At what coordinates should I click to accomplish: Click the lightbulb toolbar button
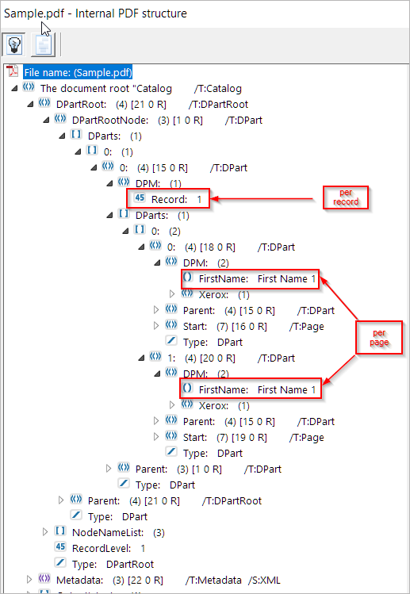coord(13,44)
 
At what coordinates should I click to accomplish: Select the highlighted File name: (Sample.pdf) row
coord(78,72)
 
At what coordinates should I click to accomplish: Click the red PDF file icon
coord(13,71)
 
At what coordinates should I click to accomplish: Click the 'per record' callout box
coord(346,197)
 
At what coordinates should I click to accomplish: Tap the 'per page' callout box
coord(379,338)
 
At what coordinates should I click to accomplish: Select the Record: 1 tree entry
coord(176,199)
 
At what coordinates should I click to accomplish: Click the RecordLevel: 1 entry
coord(109,548)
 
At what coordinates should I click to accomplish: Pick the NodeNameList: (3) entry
coord(118,532)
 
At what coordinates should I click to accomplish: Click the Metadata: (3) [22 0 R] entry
coord(109,580)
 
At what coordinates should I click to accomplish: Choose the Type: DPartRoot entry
coord(113,564)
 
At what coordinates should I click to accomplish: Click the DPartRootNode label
coord(110,120)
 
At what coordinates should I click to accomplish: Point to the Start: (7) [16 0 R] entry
coord(224,326)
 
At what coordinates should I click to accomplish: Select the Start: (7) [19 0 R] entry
coord(224,437)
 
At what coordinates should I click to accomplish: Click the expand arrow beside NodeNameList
coord(45,532)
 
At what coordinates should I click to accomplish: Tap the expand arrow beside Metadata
coord(29,580)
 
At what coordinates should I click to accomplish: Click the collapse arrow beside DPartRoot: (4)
coord(30,104)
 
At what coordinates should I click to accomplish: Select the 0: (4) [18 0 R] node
coord(201,247)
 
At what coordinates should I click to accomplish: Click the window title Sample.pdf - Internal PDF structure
coord(95,13)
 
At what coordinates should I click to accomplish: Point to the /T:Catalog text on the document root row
coord(218,89)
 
